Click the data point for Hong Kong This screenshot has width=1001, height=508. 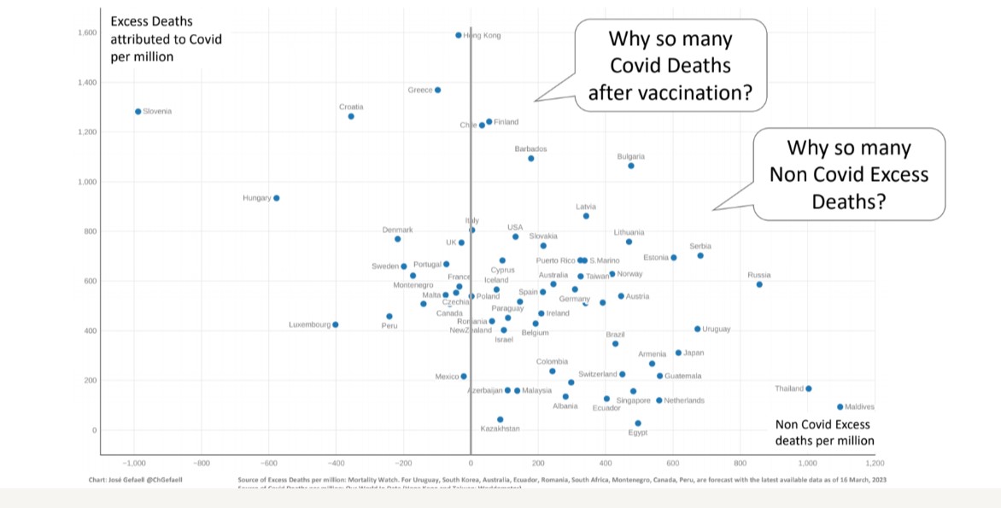point(459,36)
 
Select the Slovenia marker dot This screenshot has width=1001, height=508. point(138,111)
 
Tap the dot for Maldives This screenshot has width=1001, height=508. point(840,407)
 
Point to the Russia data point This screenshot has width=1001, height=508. point(759,284)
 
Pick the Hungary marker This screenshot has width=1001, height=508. point(276,198)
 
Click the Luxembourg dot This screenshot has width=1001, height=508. point(336,324)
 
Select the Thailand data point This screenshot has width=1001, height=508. point(808,388)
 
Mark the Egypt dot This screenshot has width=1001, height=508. point(638,423)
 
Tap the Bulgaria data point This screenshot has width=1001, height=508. point(631,166)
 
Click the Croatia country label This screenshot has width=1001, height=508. point(351,107)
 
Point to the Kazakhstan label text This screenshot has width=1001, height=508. point(500,429)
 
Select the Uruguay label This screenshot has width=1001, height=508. point(717,329)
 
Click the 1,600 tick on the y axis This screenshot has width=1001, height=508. point(85,33)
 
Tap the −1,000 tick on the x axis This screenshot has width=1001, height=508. point(134,464)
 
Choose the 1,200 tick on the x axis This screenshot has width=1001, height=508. point(875,464)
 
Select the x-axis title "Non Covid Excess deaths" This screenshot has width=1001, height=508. point(824,433)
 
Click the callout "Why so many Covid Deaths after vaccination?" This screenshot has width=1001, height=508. point(670,66)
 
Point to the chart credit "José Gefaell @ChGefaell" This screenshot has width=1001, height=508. point(136,480)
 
